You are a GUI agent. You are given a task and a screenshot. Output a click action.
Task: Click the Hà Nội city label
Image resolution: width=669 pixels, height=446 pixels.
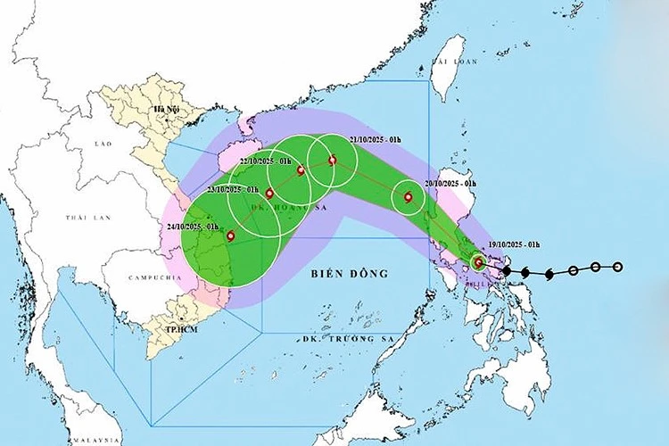click(x=166, y=110)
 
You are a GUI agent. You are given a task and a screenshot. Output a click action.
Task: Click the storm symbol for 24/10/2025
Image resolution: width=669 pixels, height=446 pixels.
click(x=231, y=236)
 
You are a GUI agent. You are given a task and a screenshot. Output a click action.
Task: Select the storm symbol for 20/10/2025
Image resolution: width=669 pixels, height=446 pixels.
click(x=409, y=198)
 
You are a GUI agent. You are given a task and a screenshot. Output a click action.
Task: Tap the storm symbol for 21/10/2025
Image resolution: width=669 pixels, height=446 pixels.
click(x=333, y=161)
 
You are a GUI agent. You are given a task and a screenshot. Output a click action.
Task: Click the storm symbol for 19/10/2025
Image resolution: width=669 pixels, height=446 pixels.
click(x=479, y=262)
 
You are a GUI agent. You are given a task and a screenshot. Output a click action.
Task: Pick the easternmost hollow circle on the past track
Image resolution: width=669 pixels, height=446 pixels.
click(x=617, y=267)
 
